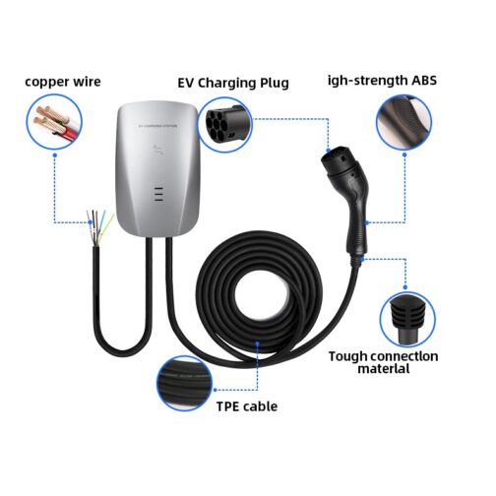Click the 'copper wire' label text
[63, 82]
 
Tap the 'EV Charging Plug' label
[233, 83]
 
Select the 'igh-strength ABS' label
[383, 81]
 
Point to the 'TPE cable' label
[247, 406]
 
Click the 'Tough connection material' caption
[383, 362]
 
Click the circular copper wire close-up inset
[54, 122]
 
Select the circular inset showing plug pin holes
[225, 124]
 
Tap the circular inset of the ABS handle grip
[404, 122]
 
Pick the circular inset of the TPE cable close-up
[184, 383]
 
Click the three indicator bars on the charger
[158, 194]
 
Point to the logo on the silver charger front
[157, 151]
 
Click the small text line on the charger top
[158, 126]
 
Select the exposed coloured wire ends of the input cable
[99, 227]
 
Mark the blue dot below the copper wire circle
[55, 155]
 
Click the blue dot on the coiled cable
[258, 343]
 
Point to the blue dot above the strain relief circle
[405, 287]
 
